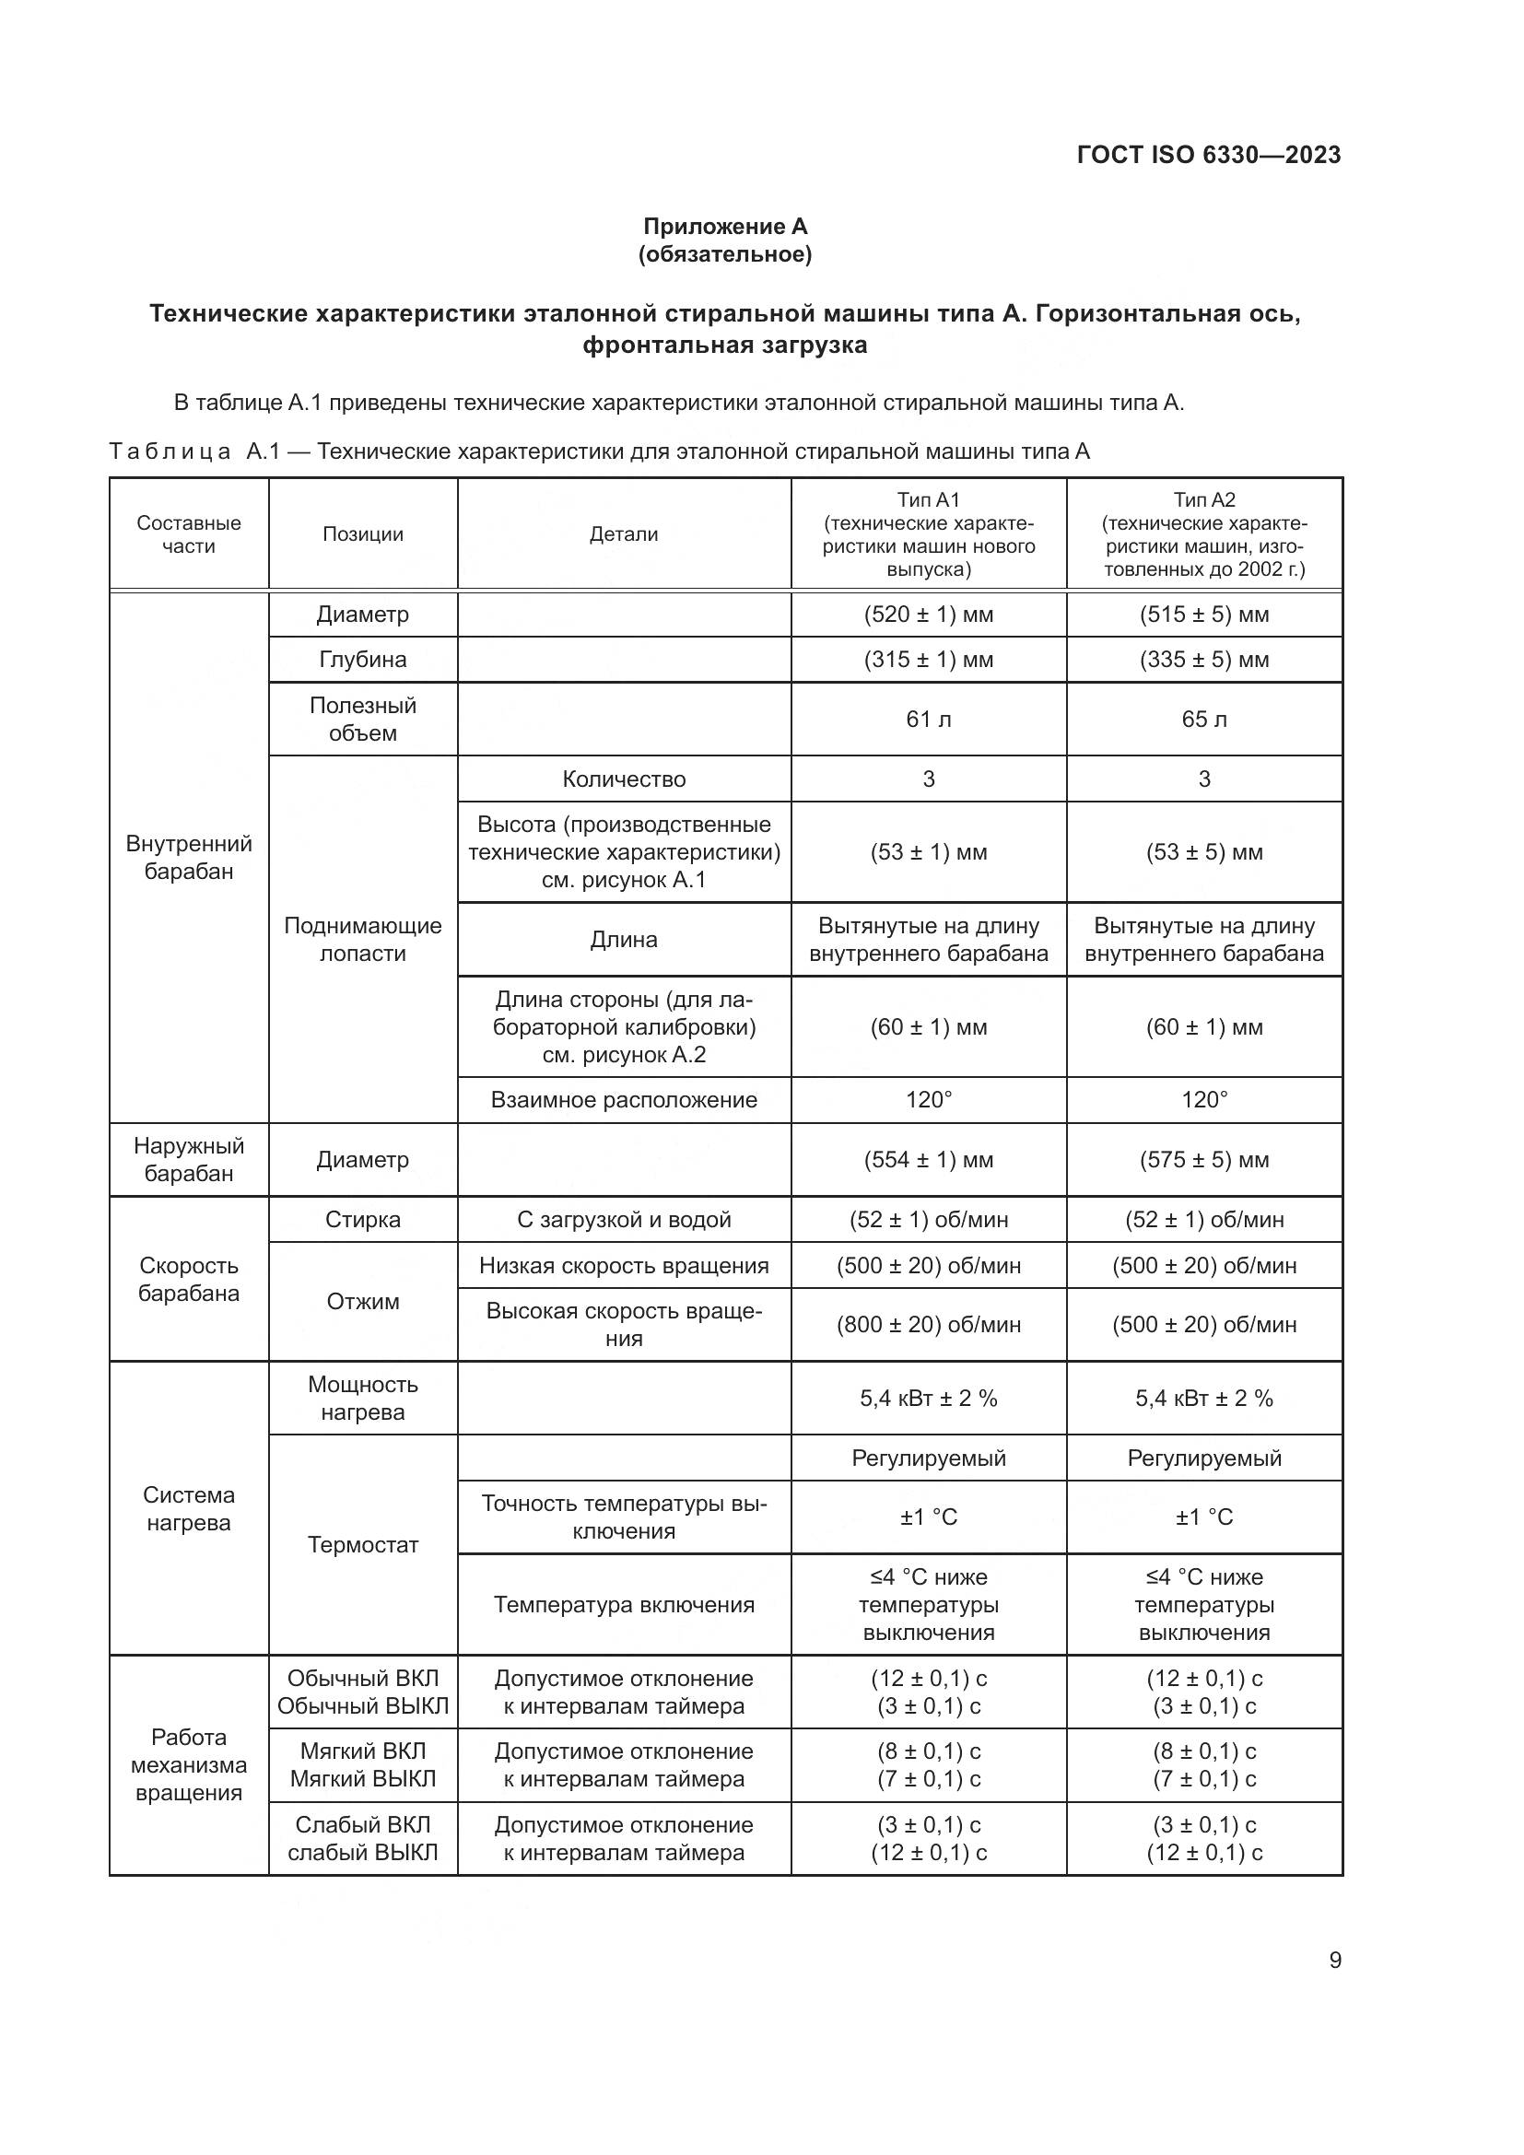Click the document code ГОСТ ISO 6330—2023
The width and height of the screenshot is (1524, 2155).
pyautogui.click(x=1209, y=155)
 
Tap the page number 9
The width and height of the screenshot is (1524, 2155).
pyautogui.click(x=1334, y=1960)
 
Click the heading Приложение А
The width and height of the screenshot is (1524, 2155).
pyautogui.click(x=724, y=227)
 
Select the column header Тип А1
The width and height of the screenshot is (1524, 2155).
pyautogui.click(x=928, y=500)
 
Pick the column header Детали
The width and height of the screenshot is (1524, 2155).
pyautogui.click(x=623, y=534)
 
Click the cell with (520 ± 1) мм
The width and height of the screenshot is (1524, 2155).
pyautogui.click(x=928, y=615)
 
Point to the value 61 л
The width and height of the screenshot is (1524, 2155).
pyautogui.click(x=928, y=719)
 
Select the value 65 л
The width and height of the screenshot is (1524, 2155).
pyautogui.click(x=1204, y=719)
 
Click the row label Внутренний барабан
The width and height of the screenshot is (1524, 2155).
pyautogui.click(x=189, y=857)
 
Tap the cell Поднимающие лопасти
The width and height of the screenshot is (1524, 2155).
pyautogui.click(x=362, y=940)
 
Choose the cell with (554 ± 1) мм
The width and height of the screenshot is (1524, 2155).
pyautogui.click(x=928, y=1160)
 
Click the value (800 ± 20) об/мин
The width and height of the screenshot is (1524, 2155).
pyautogui.click(x=928, y=1324)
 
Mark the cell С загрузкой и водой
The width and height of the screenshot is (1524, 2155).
pyautogui.click(x=623, y=1220)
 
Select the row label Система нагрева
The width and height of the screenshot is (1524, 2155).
pyautogui.click(x=189, y=1508)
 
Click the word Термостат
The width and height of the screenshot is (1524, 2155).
pyautogui.click(x=362, y=1545)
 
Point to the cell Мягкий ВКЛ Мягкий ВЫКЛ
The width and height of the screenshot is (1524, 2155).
pyautogui.click(x=362, y=1764)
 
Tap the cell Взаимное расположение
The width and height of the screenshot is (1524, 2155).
pyautogui.click(x=623, y=1100)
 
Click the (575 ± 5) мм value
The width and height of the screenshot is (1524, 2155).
pyautogui.click(x=1204, y=1160)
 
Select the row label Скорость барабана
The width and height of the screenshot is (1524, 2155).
pyautogui.click(x=189, y=1280)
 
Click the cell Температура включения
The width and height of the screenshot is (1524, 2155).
pyautogui.click(x=623, y=1605)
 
